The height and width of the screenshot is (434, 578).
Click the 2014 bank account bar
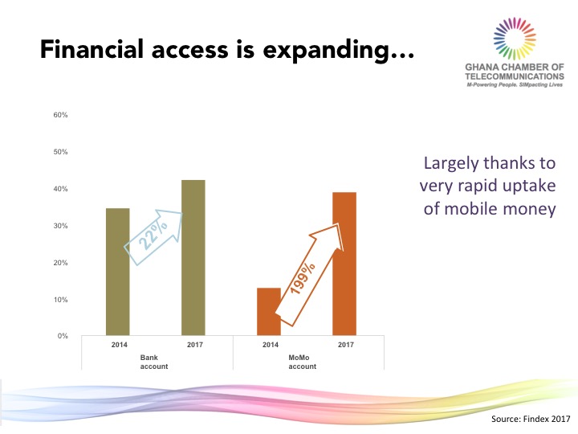coord(117,272)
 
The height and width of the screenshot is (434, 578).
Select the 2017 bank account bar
coord(193,258)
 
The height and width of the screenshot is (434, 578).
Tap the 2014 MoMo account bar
coord(269,312)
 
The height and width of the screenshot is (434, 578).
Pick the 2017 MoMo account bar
coord(344,264)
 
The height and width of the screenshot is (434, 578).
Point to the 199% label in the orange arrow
coord(303,278)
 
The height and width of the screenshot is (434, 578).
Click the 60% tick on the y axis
coord(60,115)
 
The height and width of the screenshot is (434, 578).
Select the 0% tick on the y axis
coord(63,336)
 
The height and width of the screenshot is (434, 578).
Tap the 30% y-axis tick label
coord(60,226)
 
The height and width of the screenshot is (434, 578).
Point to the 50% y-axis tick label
coord(60,152)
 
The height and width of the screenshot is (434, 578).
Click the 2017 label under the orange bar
coord(346,345)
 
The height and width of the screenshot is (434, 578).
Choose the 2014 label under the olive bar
coord(120,345)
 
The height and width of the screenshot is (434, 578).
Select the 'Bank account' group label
coord(153,362)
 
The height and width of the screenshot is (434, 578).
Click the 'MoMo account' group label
coord(303,362)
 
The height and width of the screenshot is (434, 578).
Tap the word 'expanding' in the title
coord(339,51)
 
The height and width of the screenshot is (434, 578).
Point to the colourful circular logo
coord(515,39)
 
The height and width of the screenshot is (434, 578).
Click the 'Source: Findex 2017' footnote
coord(531,419)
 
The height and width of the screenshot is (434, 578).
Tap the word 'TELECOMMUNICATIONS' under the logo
coord(515,76)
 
